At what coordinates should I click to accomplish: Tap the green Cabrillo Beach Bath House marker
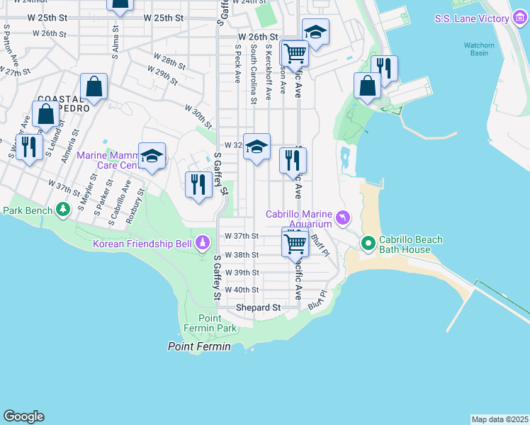(368, 244)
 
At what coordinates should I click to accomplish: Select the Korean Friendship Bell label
(142, 244)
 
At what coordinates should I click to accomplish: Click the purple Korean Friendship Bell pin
(203, 244)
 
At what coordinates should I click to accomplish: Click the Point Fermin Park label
(217, 323)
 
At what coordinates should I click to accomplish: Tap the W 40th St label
(242, 290)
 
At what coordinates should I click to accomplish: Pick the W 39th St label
(242, 273)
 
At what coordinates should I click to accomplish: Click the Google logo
(23, 416)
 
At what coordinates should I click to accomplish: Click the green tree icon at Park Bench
(64, 210)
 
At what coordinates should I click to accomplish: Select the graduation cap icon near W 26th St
(315, 31)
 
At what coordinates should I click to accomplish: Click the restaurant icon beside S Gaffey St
(198, 184)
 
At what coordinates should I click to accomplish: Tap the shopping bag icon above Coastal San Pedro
(94, 87)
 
